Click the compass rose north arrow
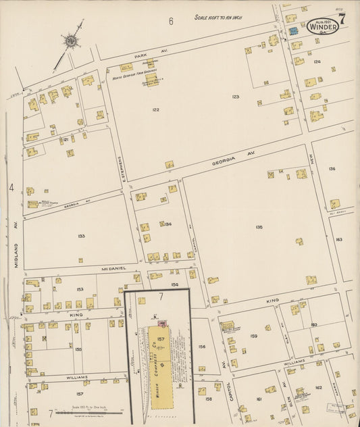70,43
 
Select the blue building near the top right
293,31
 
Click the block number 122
155,109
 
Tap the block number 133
81,236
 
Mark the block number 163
339,239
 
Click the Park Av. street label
140,57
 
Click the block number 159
253,336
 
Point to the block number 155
78,349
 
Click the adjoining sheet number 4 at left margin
11,187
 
